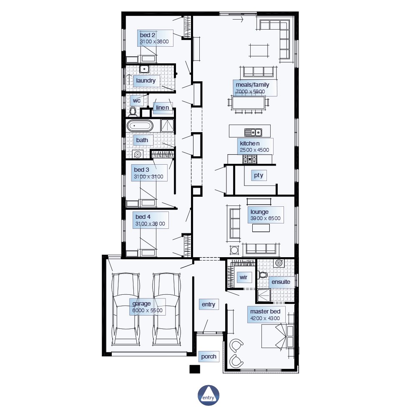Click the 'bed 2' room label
pos(148,35)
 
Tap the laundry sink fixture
pos(144,69)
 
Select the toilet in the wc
pos(133,112)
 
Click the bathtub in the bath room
pos(140,126)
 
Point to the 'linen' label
pos(162,108)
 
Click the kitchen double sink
pos(253,132)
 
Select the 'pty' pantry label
pos(259,175)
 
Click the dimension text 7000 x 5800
pos(250,92)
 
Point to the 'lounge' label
pos(259,212)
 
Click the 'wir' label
pos(244,278)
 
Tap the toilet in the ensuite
pos(263,275)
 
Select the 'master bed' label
pos(265,311)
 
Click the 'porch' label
pos(209,357)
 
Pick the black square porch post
pos(195,369)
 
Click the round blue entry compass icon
pos(208,396)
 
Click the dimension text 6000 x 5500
pos(147,311)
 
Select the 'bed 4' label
pos(143,217)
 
